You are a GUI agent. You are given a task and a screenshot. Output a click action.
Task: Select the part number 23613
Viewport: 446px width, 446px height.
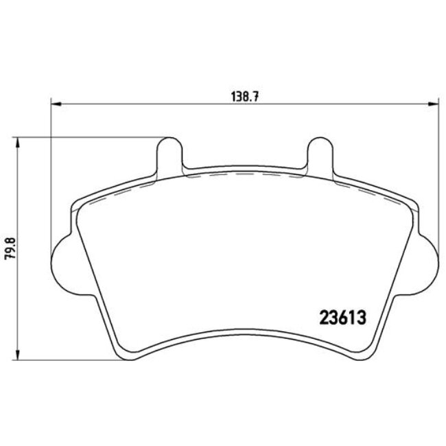pyautogui.click(x=341, y=318)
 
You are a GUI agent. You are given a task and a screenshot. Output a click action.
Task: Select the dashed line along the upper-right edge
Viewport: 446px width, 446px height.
pyautogui.click(x=371, y=192)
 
